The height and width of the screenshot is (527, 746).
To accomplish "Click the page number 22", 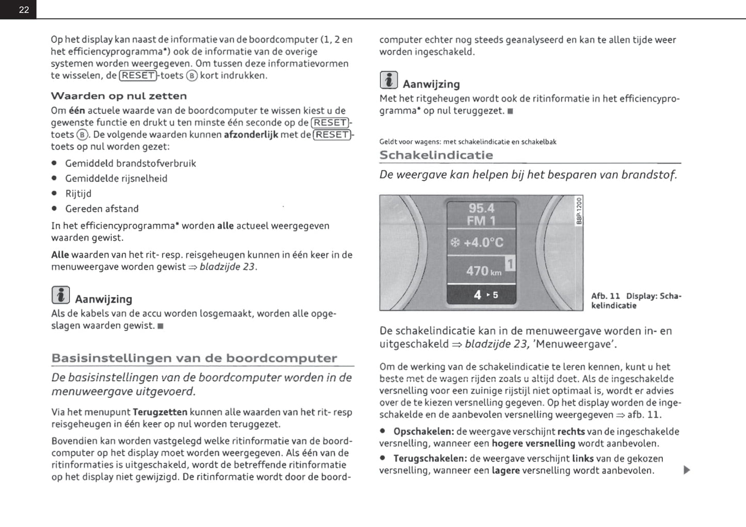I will point(24,10).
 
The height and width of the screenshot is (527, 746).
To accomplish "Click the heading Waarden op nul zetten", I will point(119,96).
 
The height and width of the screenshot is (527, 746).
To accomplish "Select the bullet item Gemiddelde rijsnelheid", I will point(116,178).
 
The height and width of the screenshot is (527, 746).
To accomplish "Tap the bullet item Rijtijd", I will point(78,193).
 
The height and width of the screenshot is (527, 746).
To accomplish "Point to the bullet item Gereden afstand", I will point(102,209).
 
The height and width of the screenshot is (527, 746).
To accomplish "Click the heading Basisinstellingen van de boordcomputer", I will point(194,358).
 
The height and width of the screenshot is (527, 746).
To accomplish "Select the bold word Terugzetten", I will point(160,412).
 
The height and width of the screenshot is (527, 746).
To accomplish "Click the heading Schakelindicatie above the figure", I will point(436,155).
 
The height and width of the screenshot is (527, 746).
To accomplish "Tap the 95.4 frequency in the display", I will point(481,208).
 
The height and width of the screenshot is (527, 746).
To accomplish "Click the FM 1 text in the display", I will point(481,221).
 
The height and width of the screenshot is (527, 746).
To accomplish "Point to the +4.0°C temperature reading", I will point(483,242).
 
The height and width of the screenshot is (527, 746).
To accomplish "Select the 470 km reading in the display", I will point(483,271).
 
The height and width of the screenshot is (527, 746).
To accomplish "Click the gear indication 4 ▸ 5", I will point(486,295).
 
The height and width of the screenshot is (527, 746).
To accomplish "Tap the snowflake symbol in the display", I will point(455,242).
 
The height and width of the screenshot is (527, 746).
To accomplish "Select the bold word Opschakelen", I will point(423,432).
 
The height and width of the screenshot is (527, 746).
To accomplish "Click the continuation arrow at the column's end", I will point(686,470).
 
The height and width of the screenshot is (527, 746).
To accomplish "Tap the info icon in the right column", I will point(389,80).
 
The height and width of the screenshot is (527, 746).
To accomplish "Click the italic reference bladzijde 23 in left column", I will point(227,267).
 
